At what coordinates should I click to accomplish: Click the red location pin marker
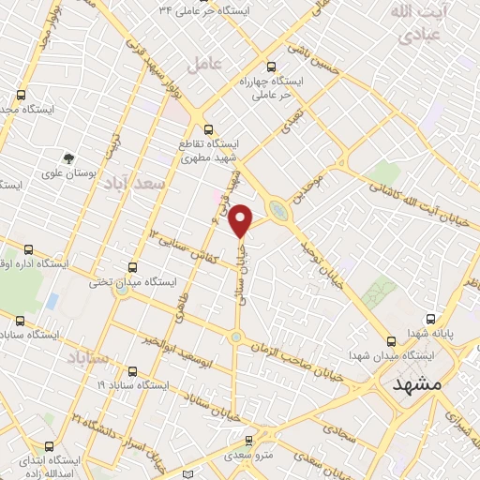241,219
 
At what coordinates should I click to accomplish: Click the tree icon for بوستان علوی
67,158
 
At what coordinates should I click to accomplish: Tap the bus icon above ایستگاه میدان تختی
132,266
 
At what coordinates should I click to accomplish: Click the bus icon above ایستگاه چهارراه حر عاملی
272,67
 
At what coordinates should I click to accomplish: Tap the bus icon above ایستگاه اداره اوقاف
28,249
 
